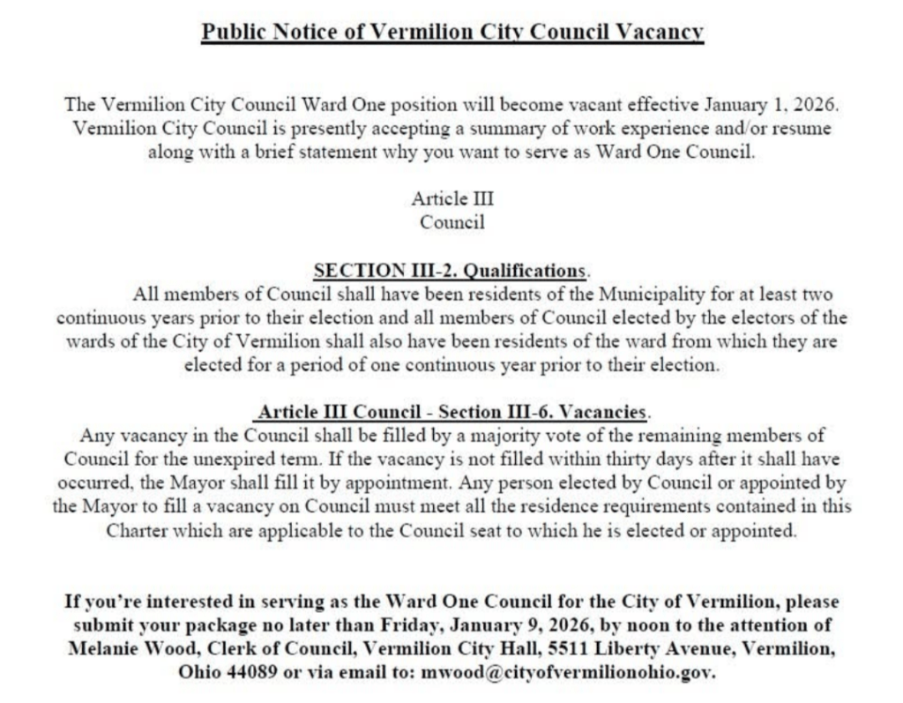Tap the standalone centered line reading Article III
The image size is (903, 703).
pyautogui.click(x=452, y=198)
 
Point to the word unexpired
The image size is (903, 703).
pyautogui.click(x=259, y=460)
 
